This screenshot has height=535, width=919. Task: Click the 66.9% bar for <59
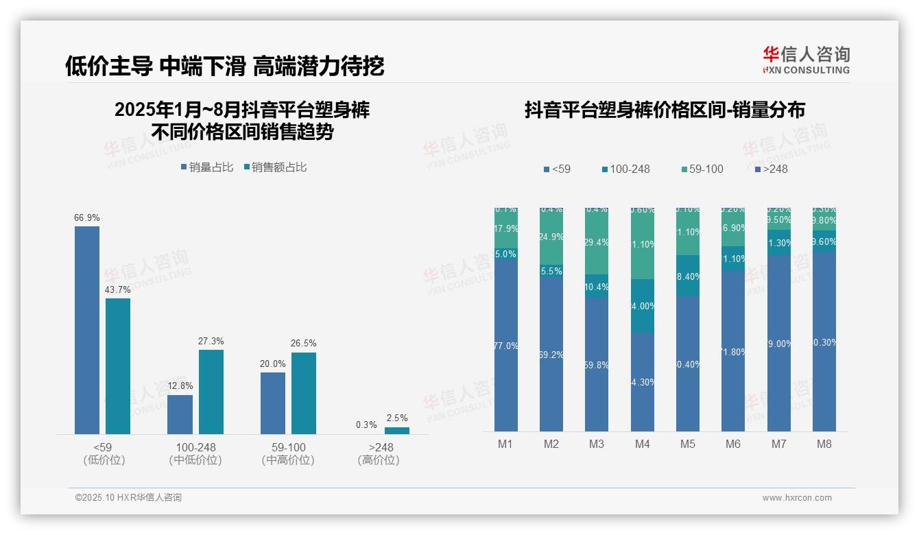87,329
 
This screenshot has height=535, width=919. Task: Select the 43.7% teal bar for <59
118,366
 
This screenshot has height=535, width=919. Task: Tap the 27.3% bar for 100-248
211,392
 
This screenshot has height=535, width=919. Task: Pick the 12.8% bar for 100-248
180,414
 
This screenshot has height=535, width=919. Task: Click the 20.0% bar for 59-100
273,403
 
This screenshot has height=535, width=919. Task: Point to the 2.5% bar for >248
396,431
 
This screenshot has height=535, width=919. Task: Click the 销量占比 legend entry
206,167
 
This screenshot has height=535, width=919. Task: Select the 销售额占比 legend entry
275,167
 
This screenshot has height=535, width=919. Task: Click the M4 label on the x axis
642,444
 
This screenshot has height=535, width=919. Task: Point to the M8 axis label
824,444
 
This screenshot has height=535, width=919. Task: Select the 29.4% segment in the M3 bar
597,242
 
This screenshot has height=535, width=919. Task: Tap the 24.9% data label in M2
551,237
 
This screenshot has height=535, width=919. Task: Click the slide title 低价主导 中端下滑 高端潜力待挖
224,66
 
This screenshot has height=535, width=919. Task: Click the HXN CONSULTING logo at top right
806,60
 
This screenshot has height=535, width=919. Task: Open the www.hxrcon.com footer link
797,498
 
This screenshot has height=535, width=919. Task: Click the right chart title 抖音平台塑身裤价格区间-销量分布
664,110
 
